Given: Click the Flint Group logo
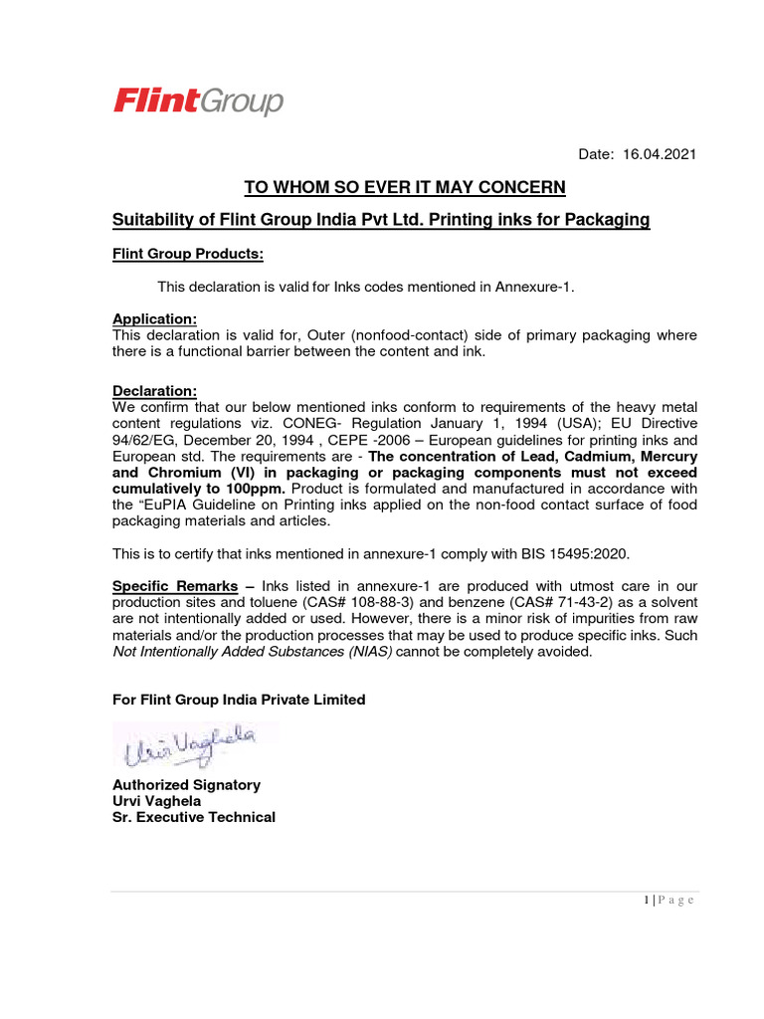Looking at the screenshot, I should (198, 102).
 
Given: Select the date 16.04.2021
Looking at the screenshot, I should (660, 154).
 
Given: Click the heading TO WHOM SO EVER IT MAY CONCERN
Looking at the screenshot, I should (405, 188).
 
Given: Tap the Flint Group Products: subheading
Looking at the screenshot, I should (188, 254).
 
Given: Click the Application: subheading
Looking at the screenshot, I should (154, 318).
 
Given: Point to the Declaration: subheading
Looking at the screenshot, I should (154, 391).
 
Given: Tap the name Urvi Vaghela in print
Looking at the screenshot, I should (156, 801).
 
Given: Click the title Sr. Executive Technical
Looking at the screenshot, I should (194, 817).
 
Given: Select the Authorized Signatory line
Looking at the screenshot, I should (186, 785).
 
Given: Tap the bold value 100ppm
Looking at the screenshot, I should (254, 489).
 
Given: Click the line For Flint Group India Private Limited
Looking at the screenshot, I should (239, 700).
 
